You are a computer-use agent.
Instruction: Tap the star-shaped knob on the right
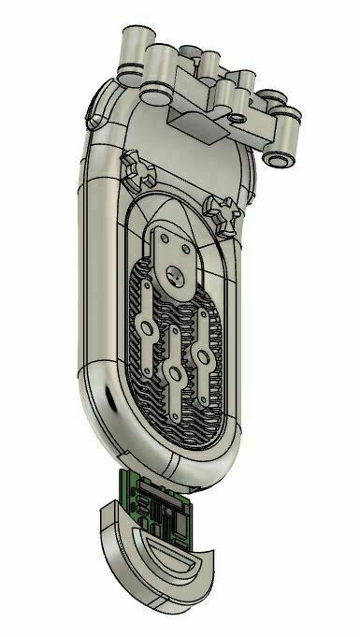click(228, 214)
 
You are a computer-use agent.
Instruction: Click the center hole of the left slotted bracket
click(146, 327)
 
